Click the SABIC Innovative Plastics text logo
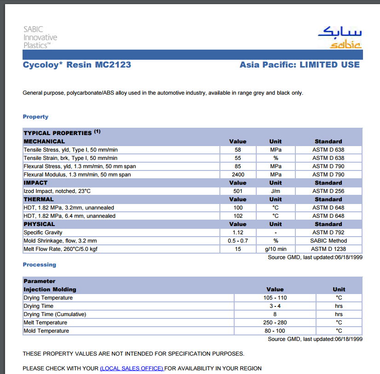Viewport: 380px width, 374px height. point(40,37)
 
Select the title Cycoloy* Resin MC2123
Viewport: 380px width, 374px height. point(77,65)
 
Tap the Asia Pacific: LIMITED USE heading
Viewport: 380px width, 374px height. point(299,65)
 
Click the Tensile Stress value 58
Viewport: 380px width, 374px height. point(237,150)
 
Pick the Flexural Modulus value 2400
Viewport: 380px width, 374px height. point(238,175)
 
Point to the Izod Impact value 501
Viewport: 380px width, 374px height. point(238,191)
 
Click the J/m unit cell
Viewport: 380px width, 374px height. point(276,191)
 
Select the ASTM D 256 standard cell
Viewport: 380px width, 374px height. point(328,191)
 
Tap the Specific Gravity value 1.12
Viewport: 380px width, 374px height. point(238,232)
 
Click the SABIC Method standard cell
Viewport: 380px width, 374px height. point(328,241)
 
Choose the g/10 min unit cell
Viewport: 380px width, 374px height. point(276,249)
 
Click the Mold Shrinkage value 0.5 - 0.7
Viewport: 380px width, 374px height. point(238,241)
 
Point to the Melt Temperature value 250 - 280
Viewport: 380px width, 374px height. point(275,323)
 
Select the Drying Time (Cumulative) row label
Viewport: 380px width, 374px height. point(55,314)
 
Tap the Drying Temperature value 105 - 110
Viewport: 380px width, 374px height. point(275,298)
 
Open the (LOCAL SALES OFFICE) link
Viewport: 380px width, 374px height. point(132,368)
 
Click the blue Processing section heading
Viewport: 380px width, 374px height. point(40,265)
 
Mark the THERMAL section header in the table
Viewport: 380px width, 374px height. point(39,199)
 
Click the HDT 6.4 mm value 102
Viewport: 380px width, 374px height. point(238,216)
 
